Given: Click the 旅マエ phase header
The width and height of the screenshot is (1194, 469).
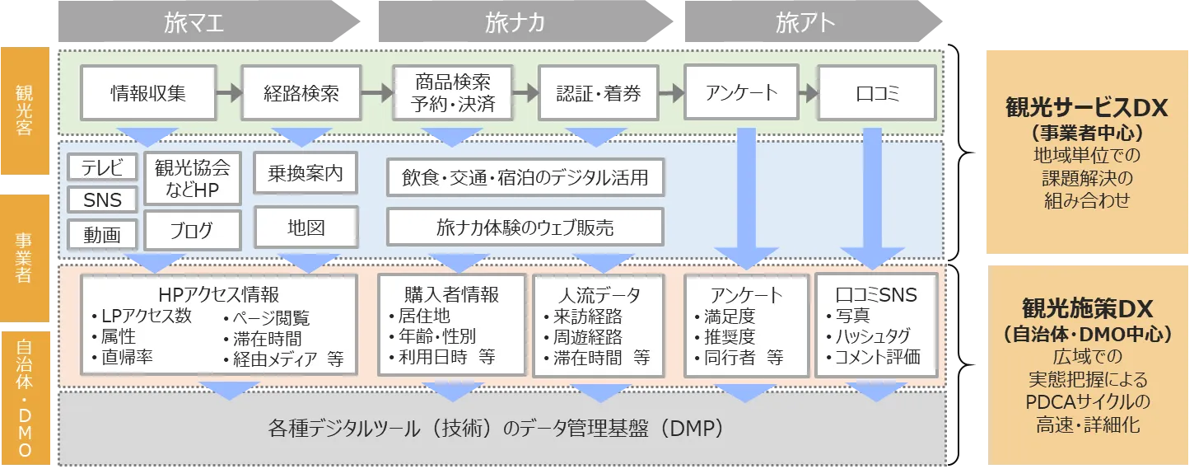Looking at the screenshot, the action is (208, 22).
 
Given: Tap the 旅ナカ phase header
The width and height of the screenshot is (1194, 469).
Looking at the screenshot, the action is (525, 22).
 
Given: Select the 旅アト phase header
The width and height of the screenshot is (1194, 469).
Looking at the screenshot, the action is (813, 22).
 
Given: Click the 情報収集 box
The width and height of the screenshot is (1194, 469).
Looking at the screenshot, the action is (148, 93).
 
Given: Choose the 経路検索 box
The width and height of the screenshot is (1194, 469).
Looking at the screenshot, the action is (301, 93).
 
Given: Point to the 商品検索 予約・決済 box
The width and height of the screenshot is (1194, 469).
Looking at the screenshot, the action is (453, 93).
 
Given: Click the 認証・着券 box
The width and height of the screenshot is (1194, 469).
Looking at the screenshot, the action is (599, 93).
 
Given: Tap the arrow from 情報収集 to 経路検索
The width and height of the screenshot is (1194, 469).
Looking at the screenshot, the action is (229, 93).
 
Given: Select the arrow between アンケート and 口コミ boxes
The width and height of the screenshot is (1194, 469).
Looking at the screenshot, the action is (808, 93).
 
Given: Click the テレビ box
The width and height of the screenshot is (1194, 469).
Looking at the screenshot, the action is (102, 167).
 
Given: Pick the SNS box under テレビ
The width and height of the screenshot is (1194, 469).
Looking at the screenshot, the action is (102, 199).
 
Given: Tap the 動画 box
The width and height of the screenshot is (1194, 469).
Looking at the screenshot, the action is (102, 234).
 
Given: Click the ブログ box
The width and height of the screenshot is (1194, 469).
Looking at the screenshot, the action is (192, 231).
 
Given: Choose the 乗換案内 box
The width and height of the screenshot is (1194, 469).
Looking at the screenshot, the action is (305, 173).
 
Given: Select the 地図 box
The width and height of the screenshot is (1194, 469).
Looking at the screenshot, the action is (306, 227).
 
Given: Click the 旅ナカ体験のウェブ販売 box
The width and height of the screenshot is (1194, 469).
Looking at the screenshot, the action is (525, 227).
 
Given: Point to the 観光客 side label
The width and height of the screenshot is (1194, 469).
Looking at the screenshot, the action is (25, 110).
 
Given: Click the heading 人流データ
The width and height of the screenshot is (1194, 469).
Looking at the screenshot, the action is (599, 295).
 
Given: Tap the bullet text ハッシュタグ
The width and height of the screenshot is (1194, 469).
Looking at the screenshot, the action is (873, 336).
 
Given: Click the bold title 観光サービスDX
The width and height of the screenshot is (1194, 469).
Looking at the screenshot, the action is (1086, 108).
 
